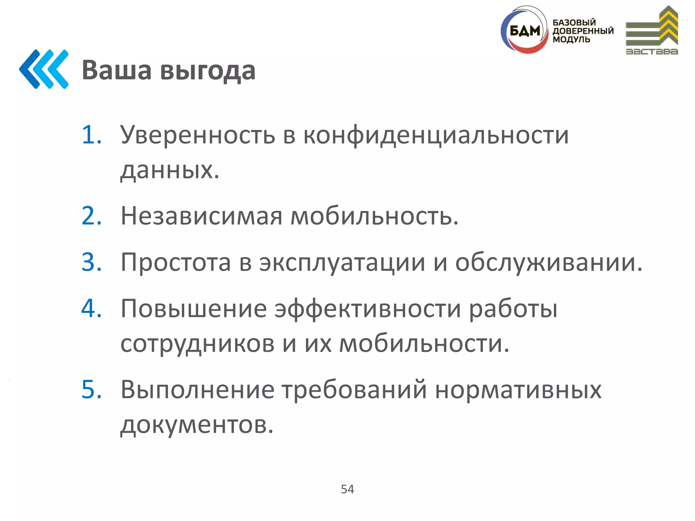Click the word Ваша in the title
[x=116, y=70]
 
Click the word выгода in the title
[x=208, y=71]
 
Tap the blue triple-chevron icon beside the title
[x=44, y=69]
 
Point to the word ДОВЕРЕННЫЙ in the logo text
[x=583, y=31]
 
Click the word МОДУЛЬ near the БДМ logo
[x=571, y=39]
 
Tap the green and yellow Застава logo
[x=652, y=31]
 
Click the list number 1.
[x=91, y=135]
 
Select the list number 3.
[x=91, y=262]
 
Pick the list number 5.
[x=91, y=389]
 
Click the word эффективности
[x=368, y=309]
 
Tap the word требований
[x=354, y=389]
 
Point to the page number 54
[x=347, y=489]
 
